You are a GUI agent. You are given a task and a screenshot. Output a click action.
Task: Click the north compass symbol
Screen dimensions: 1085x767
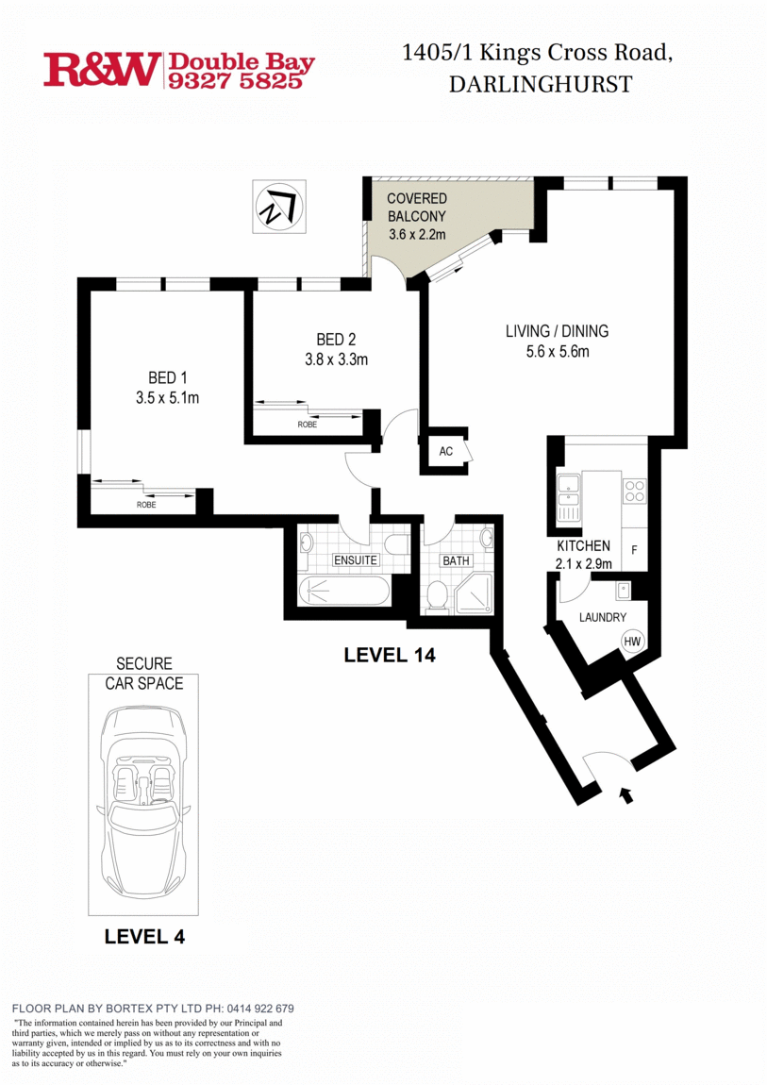(x=278, y=207)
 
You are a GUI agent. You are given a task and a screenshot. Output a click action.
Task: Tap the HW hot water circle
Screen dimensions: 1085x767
(x=632, y=642)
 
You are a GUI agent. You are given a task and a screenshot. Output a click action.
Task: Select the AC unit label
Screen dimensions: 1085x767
(x=446, y=451)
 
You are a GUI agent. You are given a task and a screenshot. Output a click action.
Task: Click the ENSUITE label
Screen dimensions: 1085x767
(x=355, y=560)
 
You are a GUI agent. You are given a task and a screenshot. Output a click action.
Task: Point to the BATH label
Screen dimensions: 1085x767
(x=457, y=560)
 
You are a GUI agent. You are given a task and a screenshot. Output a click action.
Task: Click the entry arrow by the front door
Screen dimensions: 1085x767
(x=625, y=795)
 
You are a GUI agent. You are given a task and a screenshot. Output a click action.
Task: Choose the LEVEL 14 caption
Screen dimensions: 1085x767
(x=390, y=654)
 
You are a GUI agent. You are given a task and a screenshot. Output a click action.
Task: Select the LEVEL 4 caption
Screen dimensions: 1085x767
(x=144, y=937)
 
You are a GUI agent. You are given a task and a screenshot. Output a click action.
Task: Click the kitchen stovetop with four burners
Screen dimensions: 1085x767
(x=635, y=492)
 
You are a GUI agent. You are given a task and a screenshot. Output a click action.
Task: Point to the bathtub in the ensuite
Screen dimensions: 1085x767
(x=343, y=592)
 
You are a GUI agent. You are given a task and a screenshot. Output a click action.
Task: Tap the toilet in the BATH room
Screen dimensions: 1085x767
(x=437, y=595)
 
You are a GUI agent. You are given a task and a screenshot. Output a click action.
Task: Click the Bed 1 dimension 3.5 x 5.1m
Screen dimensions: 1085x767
(x=167, y=398)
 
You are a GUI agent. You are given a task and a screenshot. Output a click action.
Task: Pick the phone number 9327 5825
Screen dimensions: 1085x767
(x=236, y=81)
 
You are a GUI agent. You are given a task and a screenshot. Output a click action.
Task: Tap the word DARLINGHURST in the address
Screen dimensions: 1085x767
(x=540, y=84)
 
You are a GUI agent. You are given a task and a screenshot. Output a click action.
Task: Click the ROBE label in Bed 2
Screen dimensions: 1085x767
(x=308, y=425)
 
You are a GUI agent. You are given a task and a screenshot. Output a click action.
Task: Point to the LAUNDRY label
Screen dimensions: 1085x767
(x=603, y=617)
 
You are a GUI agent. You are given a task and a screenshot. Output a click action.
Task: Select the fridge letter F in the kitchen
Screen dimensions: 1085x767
(x=634, y=549)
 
